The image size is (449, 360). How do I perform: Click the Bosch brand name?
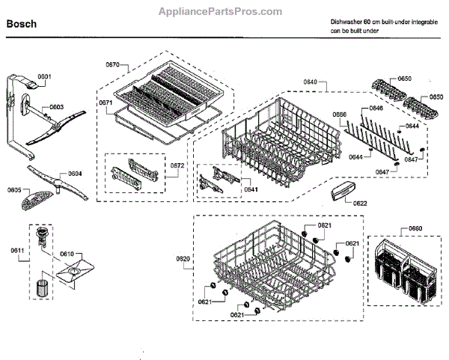point(22,23)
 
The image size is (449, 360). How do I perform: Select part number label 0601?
point(44,78)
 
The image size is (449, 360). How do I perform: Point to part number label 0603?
point(56,108)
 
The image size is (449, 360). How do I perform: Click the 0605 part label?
point(14,191)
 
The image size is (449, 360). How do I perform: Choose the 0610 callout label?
point(67,254)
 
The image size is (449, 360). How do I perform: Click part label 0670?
point(112,65)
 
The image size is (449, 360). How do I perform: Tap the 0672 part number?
point(177,165)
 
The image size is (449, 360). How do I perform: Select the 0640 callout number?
point(311,82)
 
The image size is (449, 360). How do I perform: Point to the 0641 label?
point(251,189)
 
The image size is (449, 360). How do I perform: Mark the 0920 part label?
point(183,258)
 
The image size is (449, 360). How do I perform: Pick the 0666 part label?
point(339,115)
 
